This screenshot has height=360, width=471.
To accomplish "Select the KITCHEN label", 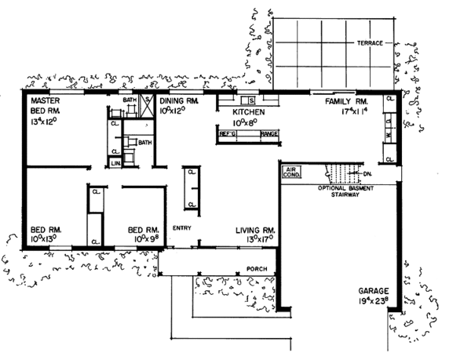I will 250,113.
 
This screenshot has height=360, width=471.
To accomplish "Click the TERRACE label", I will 370,42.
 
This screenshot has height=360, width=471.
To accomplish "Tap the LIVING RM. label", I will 254,231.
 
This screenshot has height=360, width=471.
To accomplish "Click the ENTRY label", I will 182,228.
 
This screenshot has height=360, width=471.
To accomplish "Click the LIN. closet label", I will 115,162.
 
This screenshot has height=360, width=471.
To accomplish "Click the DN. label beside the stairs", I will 366,175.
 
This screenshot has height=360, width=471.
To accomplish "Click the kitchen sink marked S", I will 252,100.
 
